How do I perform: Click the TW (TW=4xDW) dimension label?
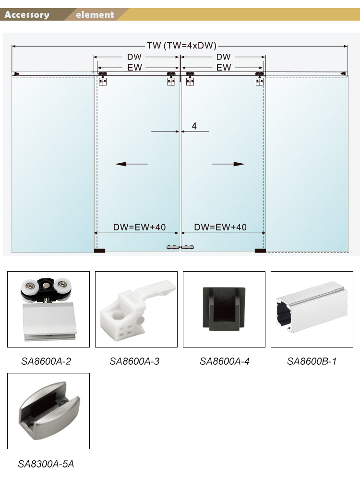(x=181, y=46)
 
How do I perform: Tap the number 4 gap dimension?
(x=194, y=126)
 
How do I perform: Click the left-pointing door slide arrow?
(x=132, y=164)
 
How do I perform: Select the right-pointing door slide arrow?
(x=228, y=164)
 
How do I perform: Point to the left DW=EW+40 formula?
(x=139, y=228)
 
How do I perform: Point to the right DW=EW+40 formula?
(x=220, y=228)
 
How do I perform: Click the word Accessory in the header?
(x=27, y=15)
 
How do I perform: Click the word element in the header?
(x=95, y=15)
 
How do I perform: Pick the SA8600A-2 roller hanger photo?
(x=48, y=309)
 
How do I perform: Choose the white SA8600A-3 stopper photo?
(x=136, y=309)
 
